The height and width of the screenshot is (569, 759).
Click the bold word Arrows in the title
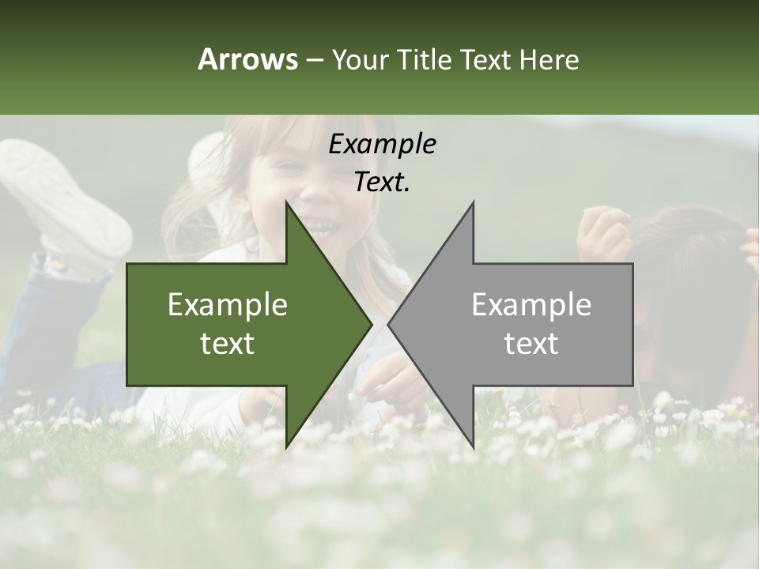click(247, 59)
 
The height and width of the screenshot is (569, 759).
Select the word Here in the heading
click(549, 59)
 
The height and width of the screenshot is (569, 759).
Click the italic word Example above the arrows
click(382, 144)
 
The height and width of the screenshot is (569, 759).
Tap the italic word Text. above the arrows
click(382, 182)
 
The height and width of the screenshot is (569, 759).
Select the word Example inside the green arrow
click(228, 305)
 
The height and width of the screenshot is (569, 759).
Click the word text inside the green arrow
click(228, 344)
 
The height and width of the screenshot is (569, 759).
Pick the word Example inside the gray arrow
click(531, 305)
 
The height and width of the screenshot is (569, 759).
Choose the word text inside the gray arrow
click(531, 344)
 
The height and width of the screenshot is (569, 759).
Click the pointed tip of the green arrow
click(372, 324)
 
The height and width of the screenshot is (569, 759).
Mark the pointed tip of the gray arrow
click(388, 324)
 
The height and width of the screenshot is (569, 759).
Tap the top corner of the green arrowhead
click(286, 202)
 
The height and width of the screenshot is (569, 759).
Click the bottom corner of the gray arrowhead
click(473, 447)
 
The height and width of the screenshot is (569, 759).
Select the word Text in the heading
click(485, 59)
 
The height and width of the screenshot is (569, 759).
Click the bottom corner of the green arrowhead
click(286, 447)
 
